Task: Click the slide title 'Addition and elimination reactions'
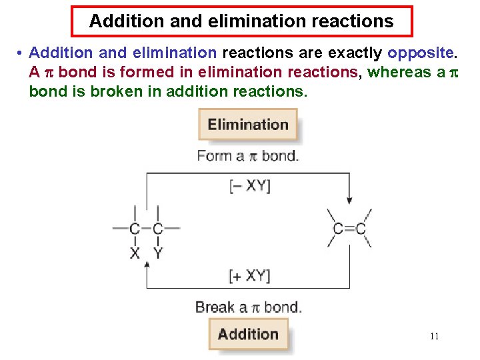tap(241, 21)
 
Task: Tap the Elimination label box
tap(247, 125)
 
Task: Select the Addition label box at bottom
tap(248, 334)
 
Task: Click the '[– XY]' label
tap(249, 186)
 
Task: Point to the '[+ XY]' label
tap(249, 275)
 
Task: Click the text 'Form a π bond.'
tap(248, 156)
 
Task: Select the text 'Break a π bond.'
tap(248, 307)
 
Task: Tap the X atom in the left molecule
tap(135, 253)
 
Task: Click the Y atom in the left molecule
tap(157, 253)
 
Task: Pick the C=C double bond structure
tap(349, 229)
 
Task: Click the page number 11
tap(434, 337)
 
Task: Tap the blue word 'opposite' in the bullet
tap(419, 53)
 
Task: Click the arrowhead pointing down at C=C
tap(349, 200)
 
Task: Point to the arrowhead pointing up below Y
tap(147, 264)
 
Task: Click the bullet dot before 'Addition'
tap(21, 53)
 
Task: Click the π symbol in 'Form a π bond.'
tap(252, 157)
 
